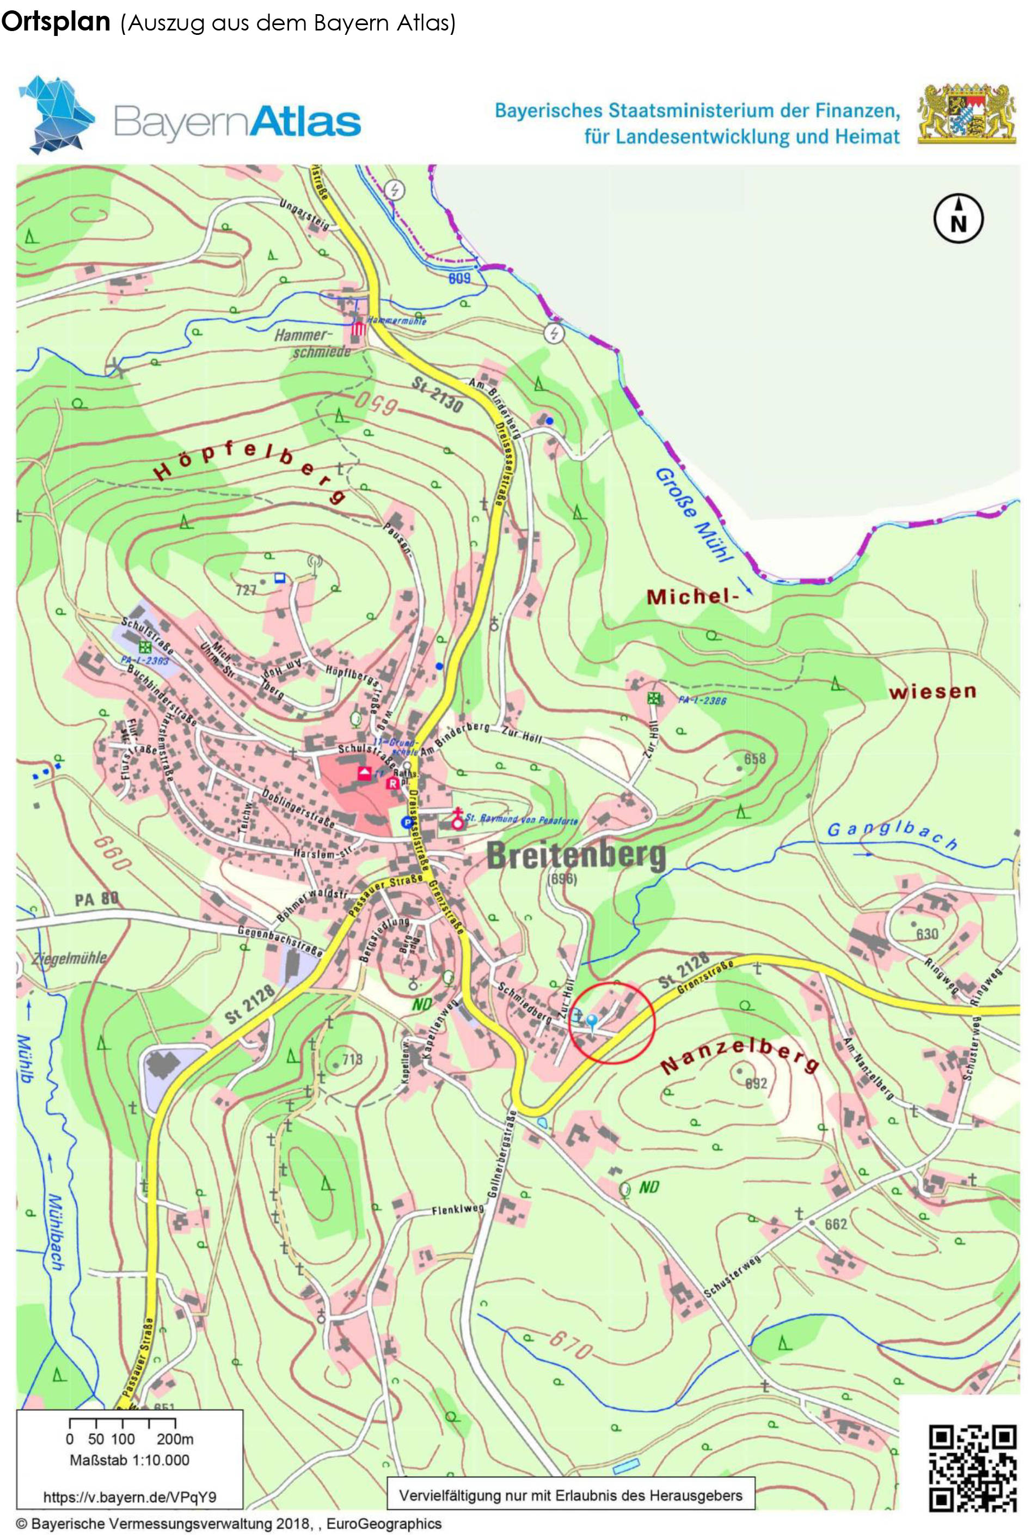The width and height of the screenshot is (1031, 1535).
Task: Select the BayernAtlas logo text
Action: pos(237,121)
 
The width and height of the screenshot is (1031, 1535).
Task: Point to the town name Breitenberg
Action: pos(575,857)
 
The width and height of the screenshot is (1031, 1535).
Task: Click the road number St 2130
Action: pos(437,396)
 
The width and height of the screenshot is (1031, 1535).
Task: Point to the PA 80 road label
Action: pos(96,899)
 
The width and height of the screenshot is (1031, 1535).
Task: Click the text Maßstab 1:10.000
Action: pos(130,1460)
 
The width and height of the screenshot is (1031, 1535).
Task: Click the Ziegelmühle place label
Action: pos(69,958)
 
